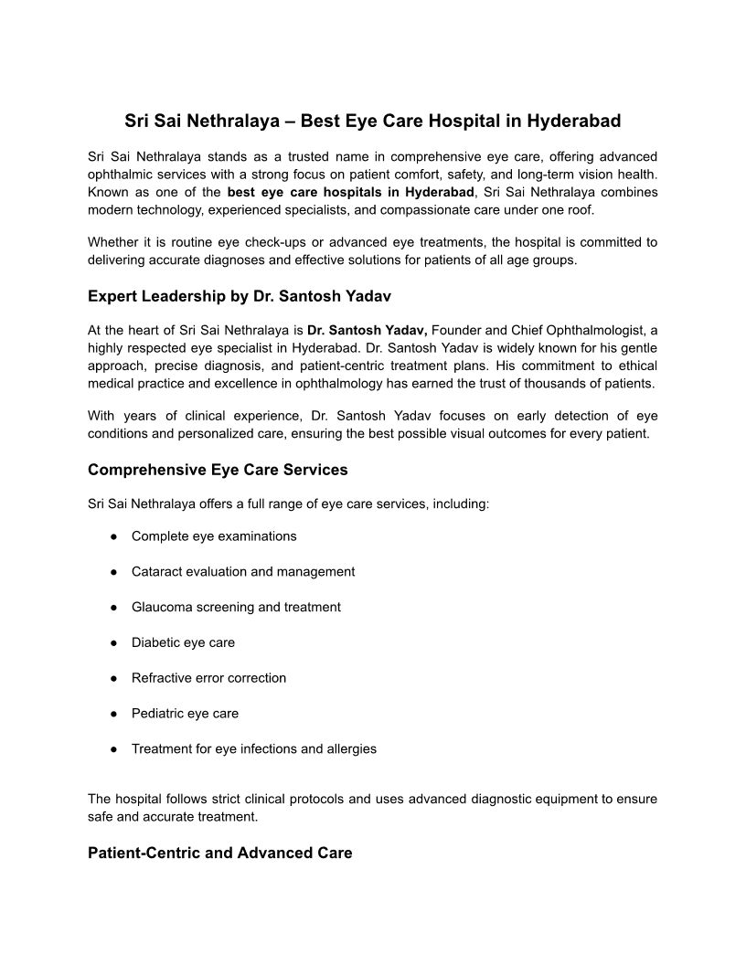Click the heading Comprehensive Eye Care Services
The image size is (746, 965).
point(218,470)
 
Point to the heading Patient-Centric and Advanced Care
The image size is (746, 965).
point(219,853)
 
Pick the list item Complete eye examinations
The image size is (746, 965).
point(214,536)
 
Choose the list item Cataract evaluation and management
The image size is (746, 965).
point(243,572)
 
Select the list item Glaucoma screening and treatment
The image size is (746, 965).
point(236,607)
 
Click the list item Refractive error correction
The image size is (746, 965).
point(208,678)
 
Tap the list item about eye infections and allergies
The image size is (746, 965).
point(254,748)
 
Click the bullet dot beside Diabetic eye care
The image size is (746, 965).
point(114,642)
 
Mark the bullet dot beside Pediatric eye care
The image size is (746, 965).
point(114,714)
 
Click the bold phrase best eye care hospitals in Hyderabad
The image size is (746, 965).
point(351,192)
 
